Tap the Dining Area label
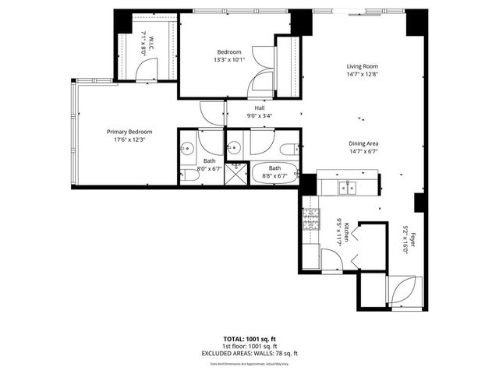click(363, 143)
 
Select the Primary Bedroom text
click(129, 132)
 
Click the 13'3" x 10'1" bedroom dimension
click(230, 61)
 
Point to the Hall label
click(260, 108)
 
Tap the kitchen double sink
click(348, 187)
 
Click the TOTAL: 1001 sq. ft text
click(249, 340)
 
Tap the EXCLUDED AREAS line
click(249, 352)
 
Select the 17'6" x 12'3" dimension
click(129, 139)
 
